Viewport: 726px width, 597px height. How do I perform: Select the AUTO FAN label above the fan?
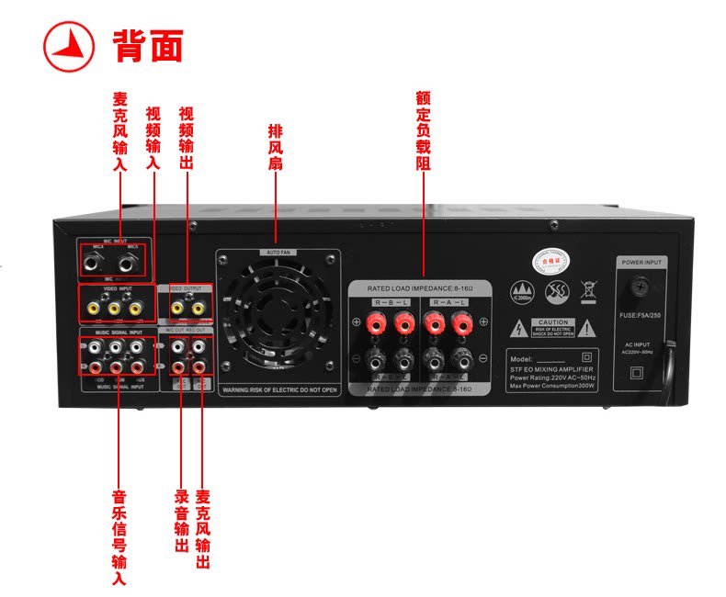(278, 252)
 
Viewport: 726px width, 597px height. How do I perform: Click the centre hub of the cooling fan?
(278, 319)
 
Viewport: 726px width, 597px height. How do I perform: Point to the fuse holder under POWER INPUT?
(640, 287)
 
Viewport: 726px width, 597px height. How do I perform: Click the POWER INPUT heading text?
(640, 263)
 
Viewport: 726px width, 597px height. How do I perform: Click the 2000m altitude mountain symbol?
(523, 293)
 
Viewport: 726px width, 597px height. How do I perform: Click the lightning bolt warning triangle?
(519, 328)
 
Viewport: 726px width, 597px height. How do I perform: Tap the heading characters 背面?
(147, 45)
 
